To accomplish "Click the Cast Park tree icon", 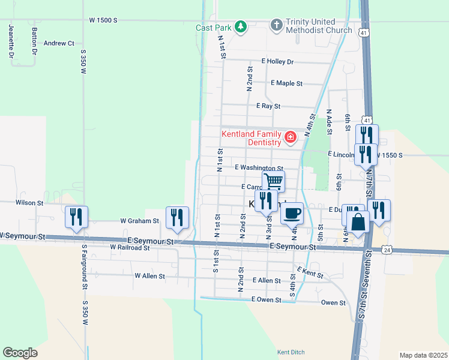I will click(x=240, y=27).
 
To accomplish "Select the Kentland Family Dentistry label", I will click(x=252, y=138).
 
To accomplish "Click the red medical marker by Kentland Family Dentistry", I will click(x=291, y=137).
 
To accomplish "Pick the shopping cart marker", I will click(x=273, y=181).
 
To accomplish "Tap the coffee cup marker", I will click(x=292, y=213).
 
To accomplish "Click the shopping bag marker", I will click(x=358, y=222).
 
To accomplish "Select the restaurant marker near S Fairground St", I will click(x=76, y=217).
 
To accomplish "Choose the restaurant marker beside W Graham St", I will click(x=177, y=217).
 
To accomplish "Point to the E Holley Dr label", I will click(x=277, y=62).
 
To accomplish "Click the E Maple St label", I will click(x=286, y=83).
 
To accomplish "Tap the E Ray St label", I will click(x=268, y=106).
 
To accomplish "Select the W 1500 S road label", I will click(x=103, y=20).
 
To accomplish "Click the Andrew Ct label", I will click(x=59, y=43).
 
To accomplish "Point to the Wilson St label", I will click(x=30, y=203).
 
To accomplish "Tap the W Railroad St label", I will click(x=130, y=247).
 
